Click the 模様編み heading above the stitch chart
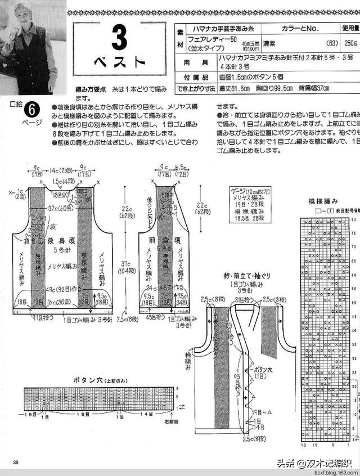tap(322, 201)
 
